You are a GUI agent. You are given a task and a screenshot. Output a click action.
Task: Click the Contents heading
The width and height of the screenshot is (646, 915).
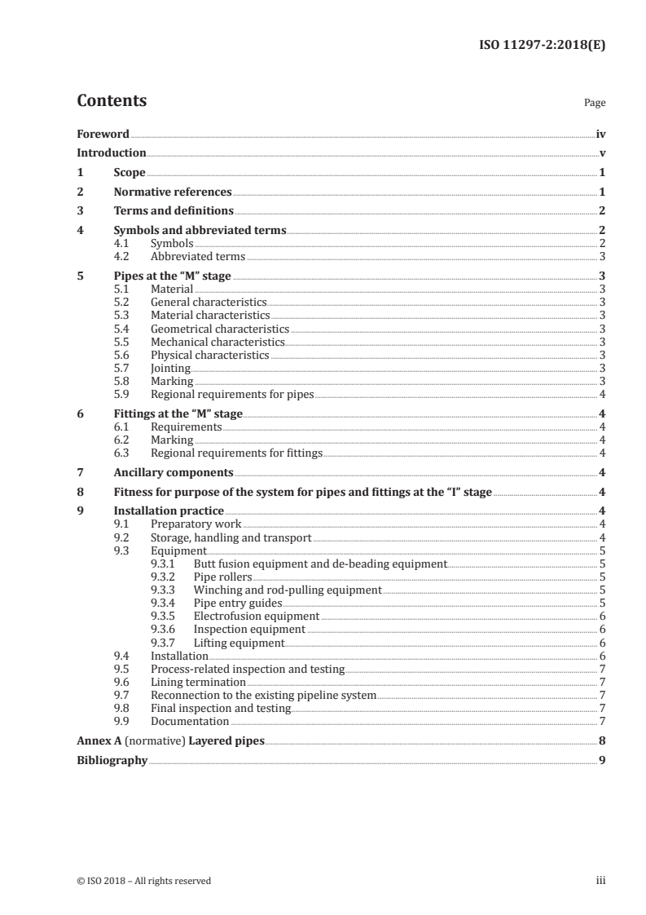(112, 101)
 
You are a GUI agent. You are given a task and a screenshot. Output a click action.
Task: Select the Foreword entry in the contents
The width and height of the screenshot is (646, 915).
(103, 134)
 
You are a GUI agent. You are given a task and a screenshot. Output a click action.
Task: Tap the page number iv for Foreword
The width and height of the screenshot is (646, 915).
(600, 134)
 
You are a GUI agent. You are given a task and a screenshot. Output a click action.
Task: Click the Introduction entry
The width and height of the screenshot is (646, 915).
(111, 152)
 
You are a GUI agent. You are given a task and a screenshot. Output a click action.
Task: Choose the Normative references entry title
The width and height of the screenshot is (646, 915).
(173, 192)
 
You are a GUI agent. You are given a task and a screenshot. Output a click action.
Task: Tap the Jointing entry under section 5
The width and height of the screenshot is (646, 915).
(171, 368)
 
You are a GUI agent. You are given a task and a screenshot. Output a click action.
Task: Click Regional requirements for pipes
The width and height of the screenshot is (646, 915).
(232, 394)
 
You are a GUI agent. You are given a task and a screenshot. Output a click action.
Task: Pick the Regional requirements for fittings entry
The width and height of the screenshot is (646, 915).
(237, 453)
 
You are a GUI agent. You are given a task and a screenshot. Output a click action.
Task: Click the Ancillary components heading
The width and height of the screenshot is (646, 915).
(174, 472)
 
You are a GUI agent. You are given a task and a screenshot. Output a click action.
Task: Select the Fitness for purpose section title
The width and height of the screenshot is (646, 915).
(303, 492)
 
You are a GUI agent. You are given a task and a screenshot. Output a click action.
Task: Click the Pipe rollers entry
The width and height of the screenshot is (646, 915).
(222, 577)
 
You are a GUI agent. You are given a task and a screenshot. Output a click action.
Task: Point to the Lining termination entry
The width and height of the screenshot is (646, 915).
(199, 682)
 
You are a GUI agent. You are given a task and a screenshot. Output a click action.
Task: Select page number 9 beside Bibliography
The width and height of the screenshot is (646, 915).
(601, 760)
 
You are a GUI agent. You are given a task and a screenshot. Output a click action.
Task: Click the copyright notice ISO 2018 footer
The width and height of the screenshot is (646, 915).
(143, 881)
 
